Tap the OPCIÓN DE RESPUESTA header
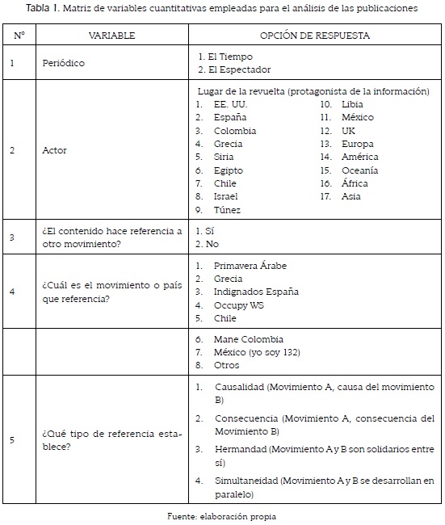pos(315,36)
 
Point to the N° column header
pos(19,36)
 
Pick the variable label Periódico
pos(65,63)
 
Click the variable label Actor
pos(56,150)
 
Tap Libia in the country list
pos(353,105)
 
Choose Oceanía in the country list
pos(359,170)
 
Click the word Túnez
pos(227,209)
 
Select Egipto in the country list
pos(229,170)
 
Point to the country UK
pos(348,131)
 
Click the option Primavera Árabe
pos(250,266)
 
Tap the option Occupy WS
pos(239,306)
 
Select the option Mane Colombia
pos(249,339)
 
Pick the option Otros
pos(228,365)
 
